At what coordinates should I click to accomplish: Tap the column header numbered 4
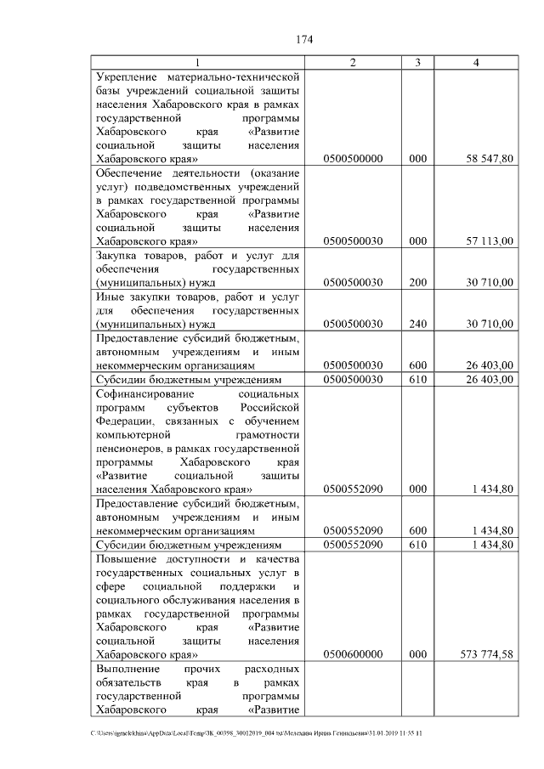(x=476, y=63)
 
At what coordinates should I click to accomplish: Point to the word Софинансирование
(x=146, y=393)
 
